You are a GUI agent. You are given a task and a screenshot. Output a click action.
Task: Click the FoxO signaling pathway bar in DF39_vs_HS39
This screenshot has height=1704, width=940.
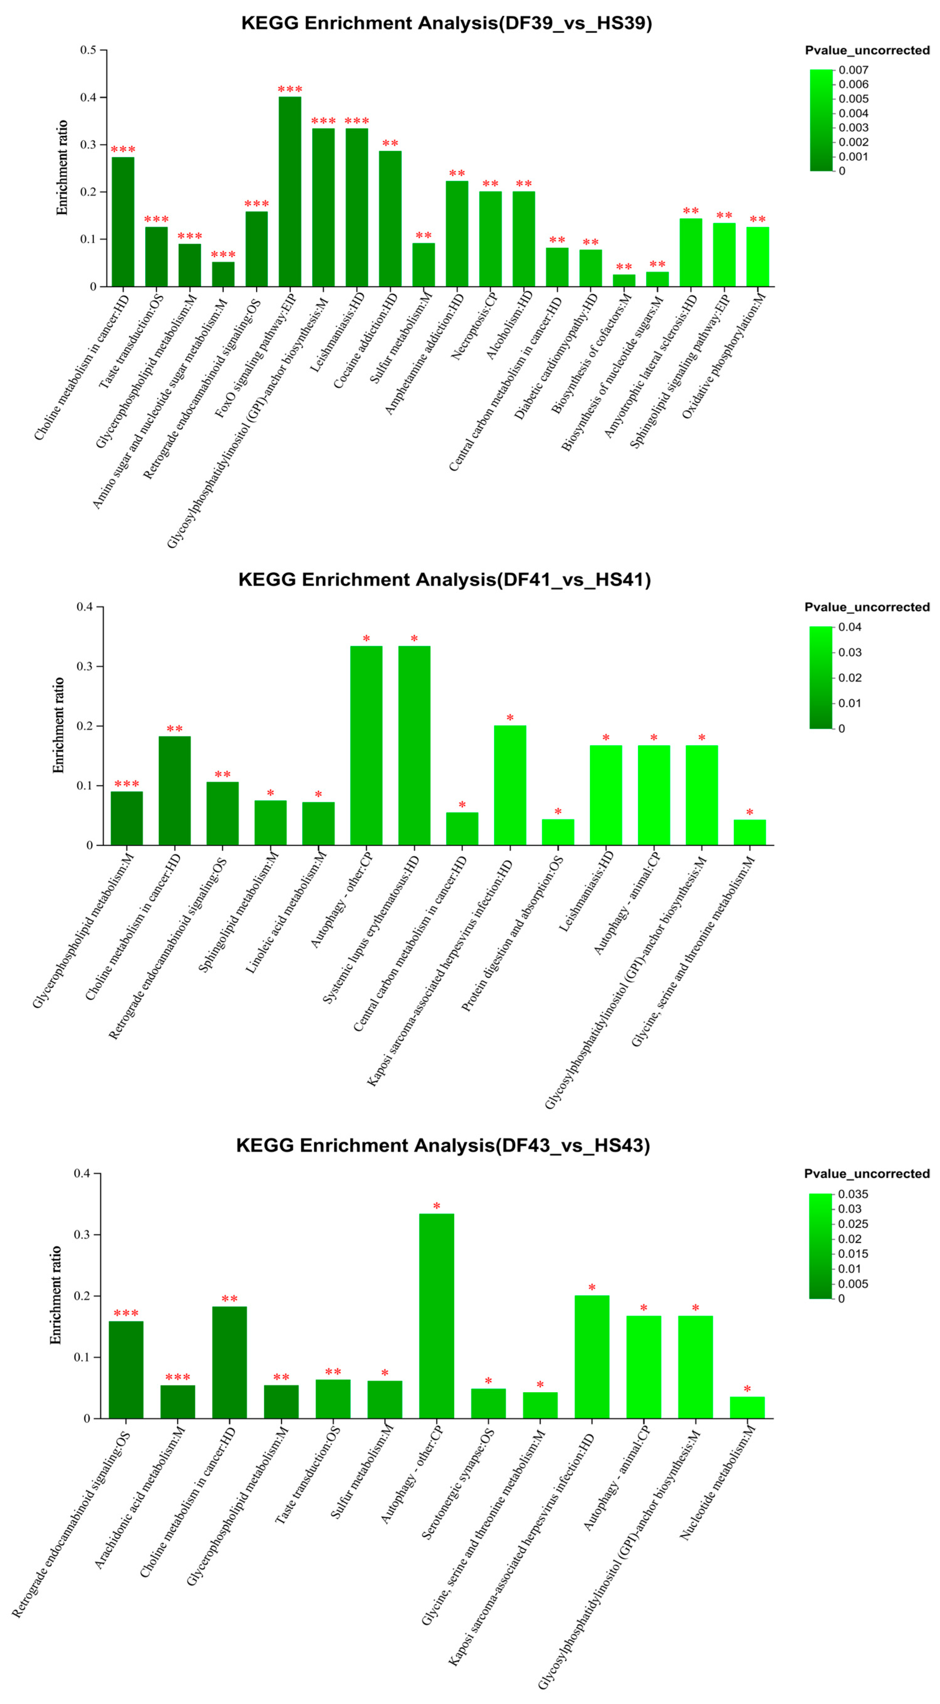pos(290,192)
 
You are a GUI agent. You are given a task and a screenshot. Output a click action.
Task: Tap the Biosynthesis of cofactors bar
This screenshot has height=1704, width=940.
pos(623,281)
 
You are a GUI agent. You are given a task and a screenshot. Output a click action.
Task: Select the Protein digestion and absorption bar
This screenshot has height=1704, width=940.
pos(558,832)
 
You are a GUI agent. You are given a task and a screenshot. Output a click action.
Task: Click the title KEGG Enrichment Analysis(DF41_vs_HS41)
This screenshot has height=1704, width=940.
pos(444,580)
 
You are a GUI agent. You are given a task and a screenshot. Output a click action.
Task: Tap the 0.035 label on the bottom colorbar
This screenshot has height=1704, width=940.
pos(853,1194)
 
